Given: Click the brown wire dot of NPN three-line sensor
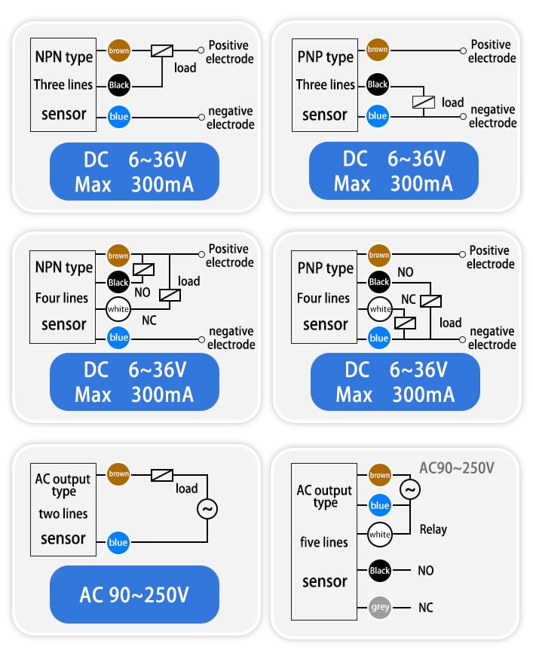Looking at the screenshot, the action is (118, 51).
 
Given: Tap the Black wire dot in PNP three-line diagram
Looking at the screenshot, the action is (377, 84).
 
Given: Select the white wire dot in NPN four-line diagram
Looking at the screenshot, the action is (118, 309).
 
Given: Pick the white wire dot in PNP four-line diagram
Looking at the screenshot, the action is (379, 309).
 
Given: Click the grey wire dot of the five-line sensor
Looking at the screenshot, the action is (379, 607).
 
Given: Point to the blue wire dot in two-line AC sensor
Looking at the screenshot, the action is (118, 543).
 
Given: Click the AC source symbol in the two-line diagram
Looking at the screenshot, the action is (207, 509).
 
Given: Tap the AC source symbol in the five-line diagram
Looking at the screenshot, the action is (410, 490).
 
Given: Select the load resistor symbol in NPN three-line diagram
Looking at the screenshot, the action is (161, 51).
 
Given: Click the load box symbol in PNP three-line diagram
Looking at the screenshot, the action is (423, 102).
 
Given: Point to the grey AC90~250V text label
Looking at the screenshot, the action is (457, 467).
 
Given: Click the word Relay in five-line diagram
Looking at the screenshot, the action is (433, 529).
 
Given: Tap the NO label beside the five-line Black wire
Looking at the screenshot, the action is (425, 571).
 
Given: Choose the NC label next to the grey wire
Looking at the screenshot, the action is (425, 608).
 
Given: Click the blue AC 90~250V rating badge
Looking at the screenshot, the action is (134, 594).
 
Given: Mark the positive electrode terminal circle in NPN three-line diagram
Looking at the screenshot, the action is (201, 51).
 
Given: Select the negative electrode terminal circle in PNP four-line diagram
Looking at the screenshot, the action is (463, 339).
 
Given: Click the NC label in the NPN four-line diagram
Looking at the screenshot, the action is (149, 320).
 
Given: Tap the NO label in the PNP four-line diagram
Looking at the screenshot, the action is (405, 272).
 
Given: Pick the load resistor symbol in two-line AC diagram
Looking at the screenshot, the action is (161, 475).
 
